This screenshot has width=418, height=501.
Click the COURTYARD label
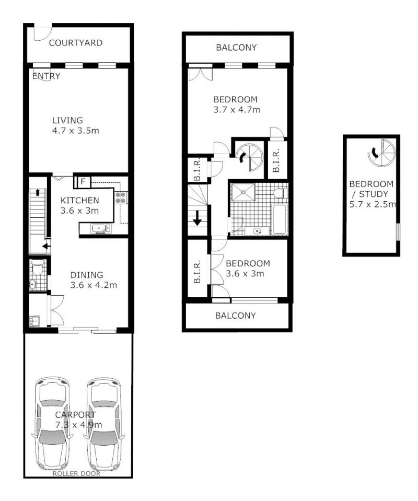pyautogui.click(x=76, y=43)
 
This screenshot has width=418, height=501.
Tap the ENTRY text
pyautogui.click(x=47, y=76)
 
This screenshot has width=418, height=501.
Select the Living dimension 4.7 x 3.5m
pyautogui.click(x=75, y=131)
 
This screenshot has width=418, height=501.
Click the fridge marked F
pyautogui.click(x=83, y=182)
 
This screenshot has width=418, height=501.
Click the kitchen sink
pyautogui.click(x=100, y=229)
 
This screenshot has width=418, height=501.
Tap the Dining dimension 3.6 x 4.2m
pyautogui.click(x=94, y=285)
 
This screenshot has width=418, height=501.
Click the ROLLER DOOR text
pyautogui.click(x=76, y=473)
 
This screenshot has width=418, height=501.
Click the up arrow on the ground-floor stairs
pyautogui.click(x=38, y=192)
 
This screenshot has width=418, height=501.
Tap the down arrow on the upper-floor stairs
pyautogui.click(x=197, y=219)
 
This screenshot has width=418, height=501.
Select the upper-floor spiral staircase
pyautogui.click(x=251, y=157)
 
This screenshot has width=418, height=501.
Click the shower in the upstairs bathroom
pyautogui.click(x=243, y=192)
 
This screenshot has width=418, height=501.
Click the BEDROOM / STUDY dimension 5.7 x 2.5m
pyautogui.click(x=373, y=204)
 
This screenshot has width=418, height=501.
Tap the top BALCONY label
pyautogui.click(x=236, y=48)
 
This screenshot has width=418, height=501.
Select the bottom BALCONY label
pyautogui.click(x=236, y=316)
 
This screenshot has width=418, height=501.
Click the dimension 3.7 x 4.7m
pyautogui.click(x=237, y=110)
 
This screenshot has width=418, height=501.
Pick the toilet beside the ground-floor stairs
pyautogui.click(x=38, y=267)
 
